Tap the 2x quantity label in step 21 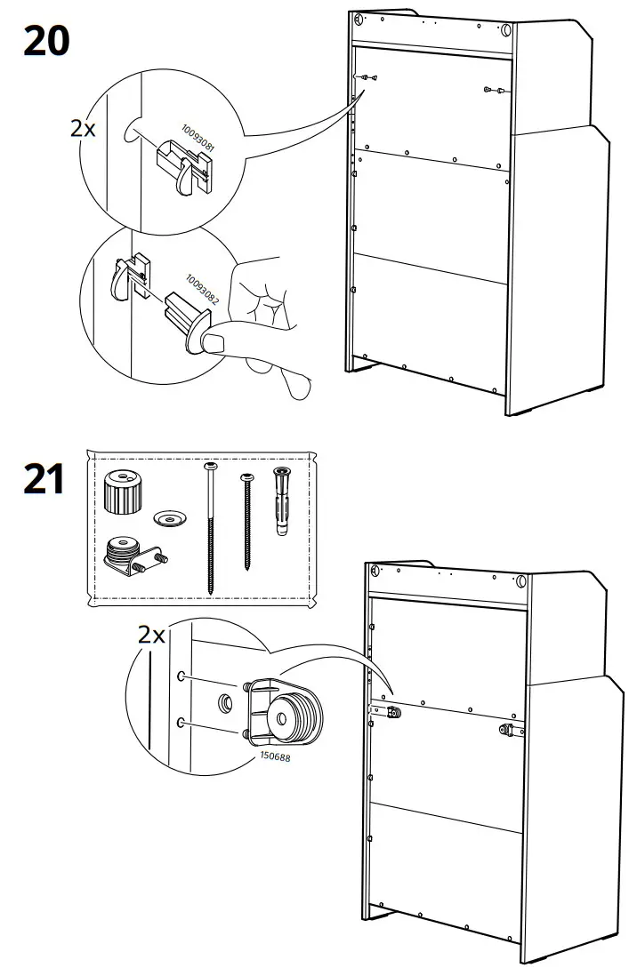click(151, 635)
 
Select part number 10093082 click(202, 288)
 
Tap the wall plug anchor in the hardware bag click(283, 500)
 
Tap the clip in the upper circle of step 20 click(188, 167)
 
